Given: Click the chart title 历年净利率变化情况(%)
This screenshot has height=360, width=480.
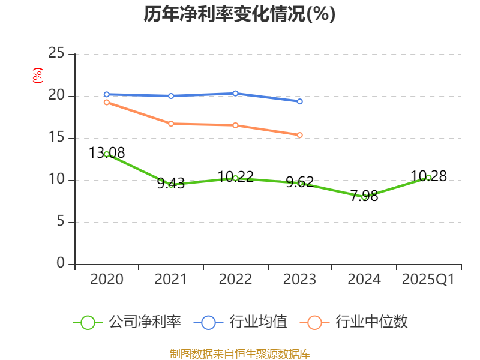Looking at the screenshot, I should [239, 14].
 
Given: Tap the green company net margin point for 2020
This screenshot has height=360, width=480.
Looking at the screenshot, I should [107, 154].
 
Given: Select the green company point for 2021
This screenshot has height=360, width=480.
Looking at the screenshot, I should [171, 184].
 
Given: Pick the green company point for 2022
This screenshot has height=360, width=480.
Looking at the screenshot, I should [235, 178].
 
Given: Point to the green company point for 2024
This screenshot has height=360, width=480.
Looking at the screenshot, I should [364, 197].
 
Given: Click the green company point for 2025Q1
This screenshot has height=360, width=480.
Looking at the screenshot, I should [428, 178].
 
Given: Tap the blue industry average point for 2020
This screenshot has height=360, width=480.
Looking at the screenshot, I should [107, 94].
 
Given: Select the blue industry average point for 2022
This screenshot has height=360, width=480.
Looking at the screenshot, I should [235, 93].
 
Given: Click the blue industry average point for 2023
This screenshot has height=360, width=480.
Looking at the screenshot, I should [300, 101].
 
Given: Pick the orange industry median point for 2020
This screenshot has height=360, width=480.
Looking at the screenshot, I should [107, 102].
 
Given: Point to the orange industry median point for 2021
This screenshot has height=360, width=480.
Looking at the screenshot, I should [171, 124].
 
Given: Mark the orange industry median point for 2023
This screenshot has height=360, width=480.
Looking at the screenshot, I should [300, 135].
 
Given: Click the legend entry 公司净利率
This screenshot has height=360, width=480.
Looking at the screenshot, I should [127, 322].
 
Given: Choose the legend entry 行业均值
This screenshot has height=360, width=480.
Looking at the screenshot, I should [241, 322].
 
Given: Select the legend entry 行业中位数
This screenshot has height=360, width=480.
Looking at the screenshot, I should [358, 322].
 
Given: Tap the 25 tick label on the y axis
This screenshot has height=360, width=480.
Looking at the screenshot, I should [56, 54].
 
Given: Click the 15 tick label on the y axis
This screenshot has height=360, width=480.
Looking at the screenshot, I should [56, 138].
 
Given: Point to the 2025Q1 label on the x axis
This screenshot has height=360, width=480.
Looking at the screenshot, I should [428, 280].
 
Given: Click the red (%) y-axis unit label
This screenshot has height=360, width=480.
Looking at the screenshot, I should [38, 76].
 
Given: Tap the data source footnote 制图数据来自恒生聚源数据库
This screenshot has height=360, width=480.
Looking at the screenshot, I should [239, 353].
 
